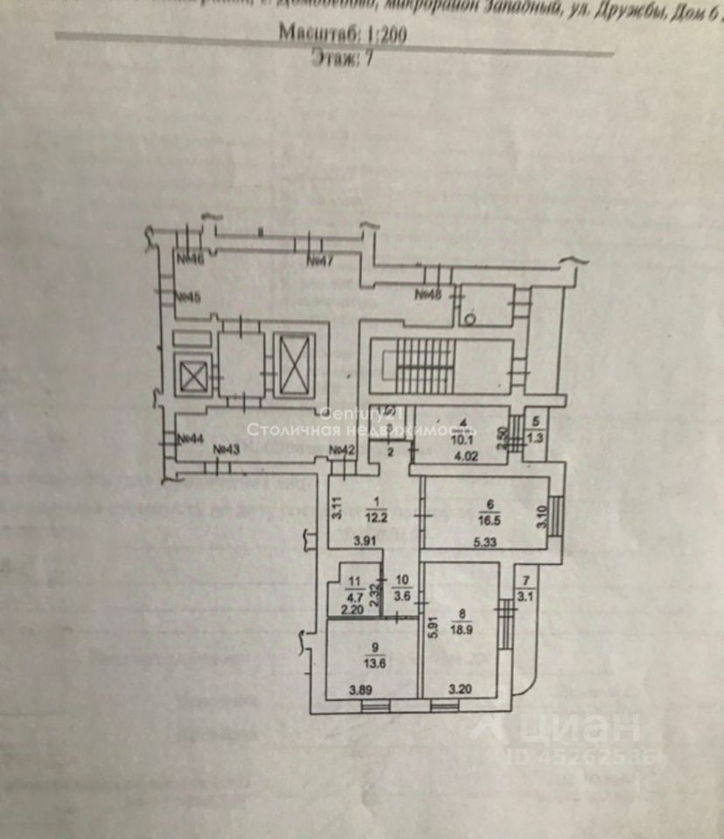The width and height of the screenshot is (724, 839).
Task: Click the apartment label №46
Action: point(190,259)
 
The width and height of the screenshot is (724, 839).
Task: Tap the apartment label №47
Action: point(321,260)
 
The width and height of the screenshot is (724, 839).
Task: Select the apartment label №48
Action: point(428,294)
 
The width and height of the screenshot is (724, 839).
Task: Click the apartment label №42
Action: point(342,450)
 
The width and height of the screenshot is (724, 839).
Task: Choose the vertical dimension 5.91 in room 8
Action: point(432,629)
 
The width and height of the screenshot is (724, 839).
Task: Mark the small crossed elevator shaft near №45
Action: point(191,378)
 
